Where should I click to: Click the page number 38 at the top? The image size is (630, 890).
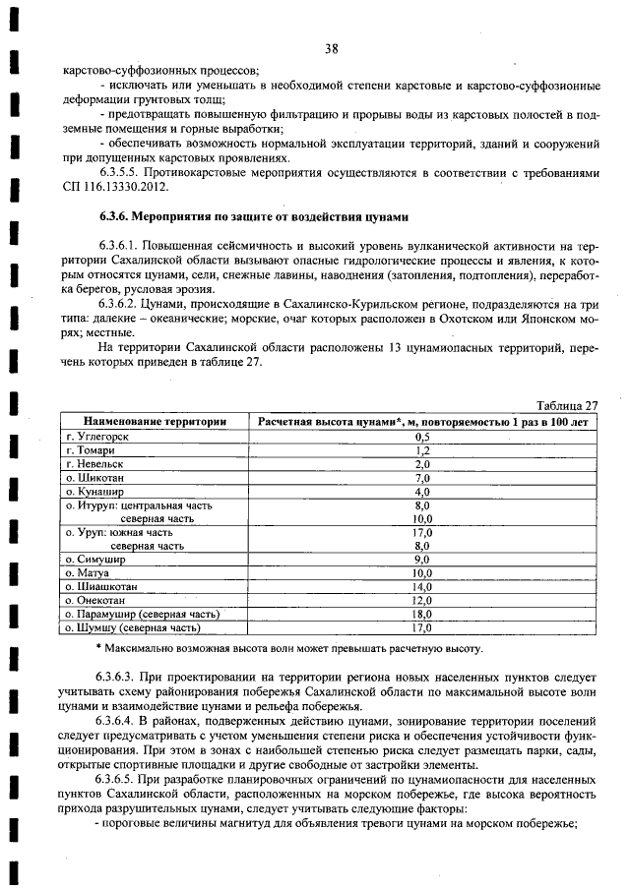coord(331,49)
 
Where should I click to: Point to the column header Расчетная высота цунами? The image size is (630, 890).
coord(422,421)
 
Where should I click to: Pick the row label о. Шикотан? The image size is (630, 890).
coord(96,476)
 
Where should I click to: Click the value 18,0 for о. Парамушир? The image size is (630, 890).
coord(423,613)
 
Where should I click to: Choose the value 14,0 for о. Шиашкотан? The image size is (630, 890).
coord(423,585)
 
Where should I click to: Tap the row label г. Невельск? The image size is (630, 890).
coord(94,462)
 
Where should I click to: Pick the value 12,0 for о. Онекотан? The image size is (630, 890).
coord(423,599)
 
